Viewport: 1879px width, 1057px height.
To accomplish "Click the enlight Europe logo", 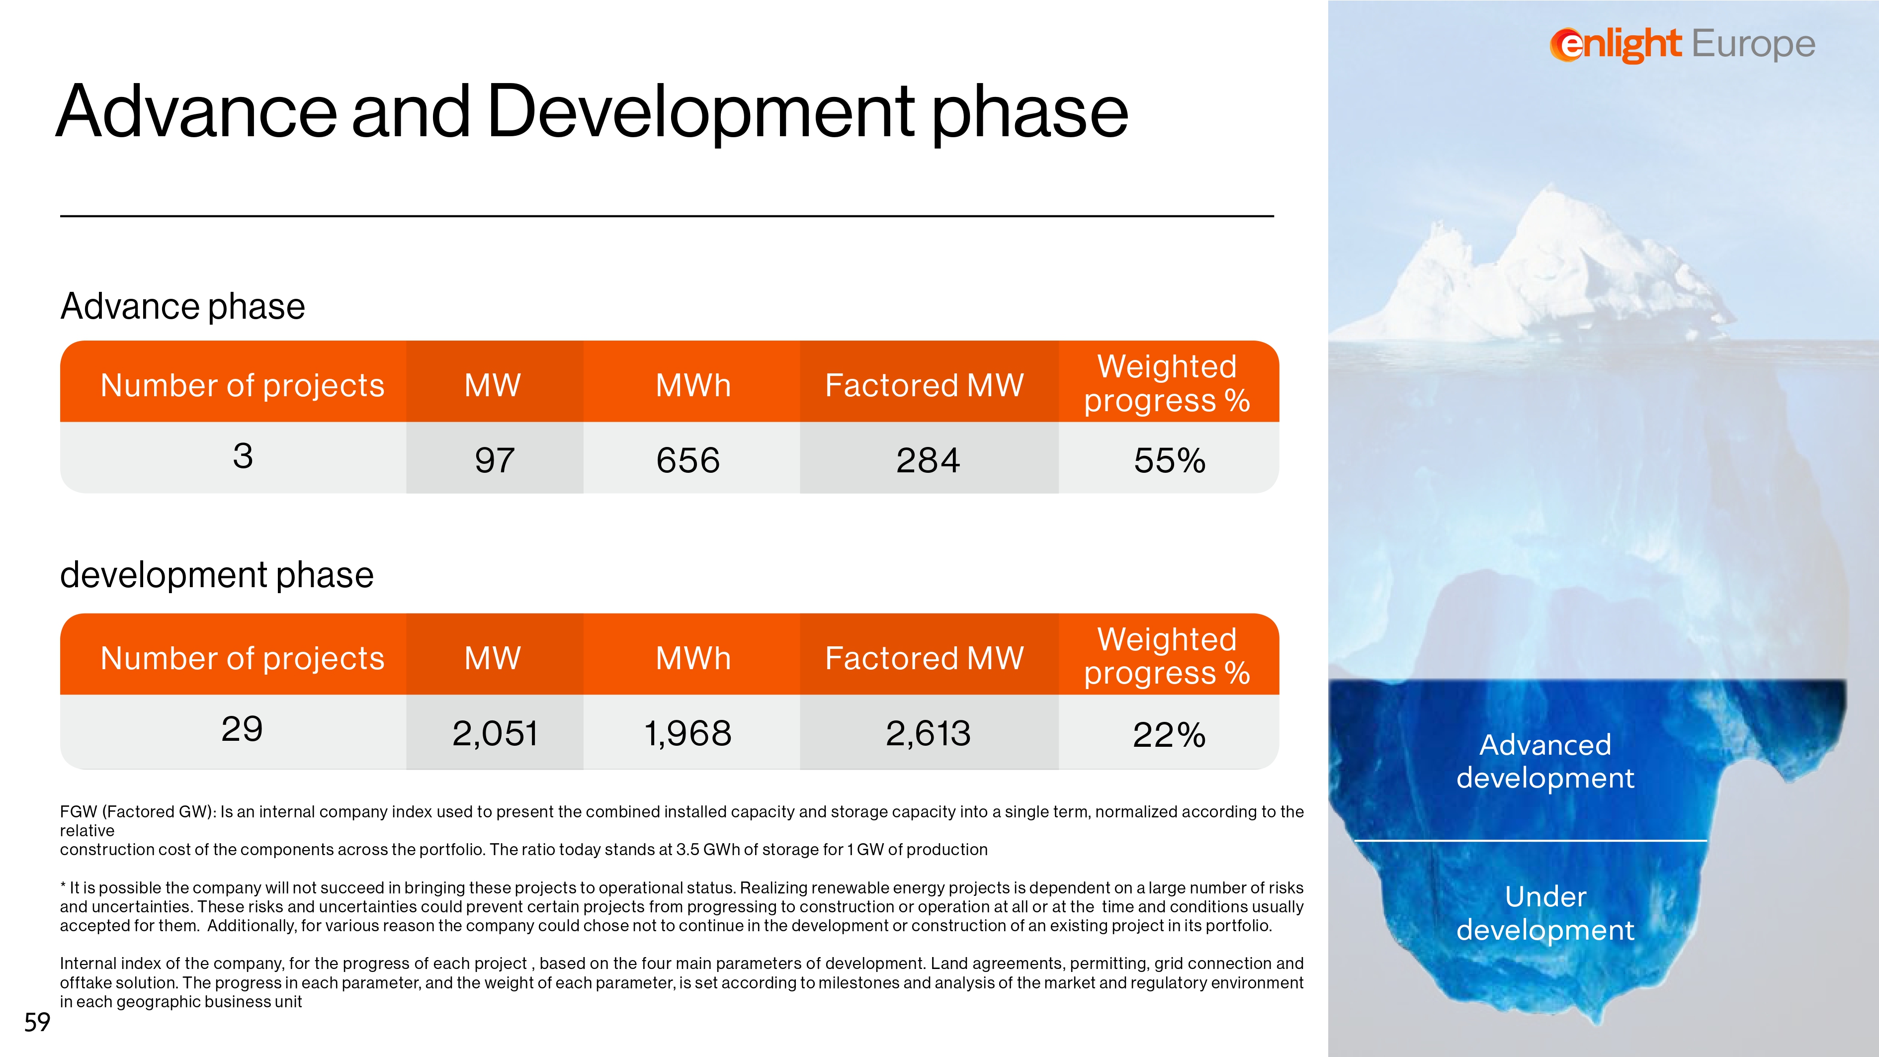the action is tap(1682, 45).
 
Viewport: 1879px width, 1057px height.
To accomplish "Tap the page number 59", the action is tap(37, 1022).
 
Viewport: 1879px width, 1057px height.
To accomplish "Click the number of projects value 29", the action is tap(242, 729).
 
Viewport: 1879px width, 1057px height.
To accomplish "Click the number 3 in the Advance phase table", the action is tap(243, 456).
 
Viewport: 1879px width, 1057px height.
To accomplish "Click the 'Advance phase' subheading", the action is tap(182, 306).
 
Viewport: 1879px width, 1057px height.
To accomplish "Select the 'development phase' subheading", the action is tap(217, 575).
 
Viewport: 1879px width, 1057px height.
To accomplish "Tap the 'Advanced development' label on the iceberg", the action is tap(1545, 761).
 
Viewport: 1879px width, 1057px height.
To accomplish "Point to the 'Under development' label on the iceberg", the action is tap(1545, 912).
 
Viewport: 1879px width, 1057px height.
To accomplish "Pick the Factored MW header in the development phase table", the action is tap(924, 658).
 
